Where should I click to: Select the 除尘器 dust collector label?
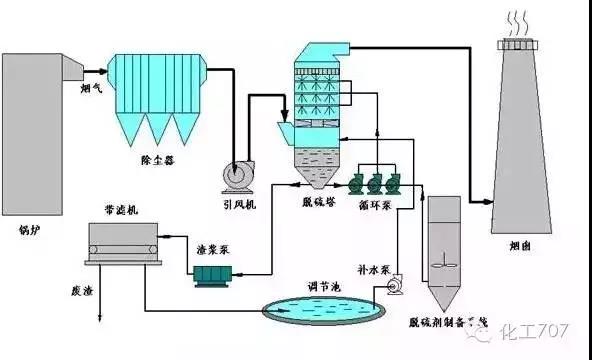point(157,158)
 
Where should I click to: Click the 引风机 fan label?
point(239,204)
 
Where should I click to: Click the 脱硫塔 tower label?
point(317,204)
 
